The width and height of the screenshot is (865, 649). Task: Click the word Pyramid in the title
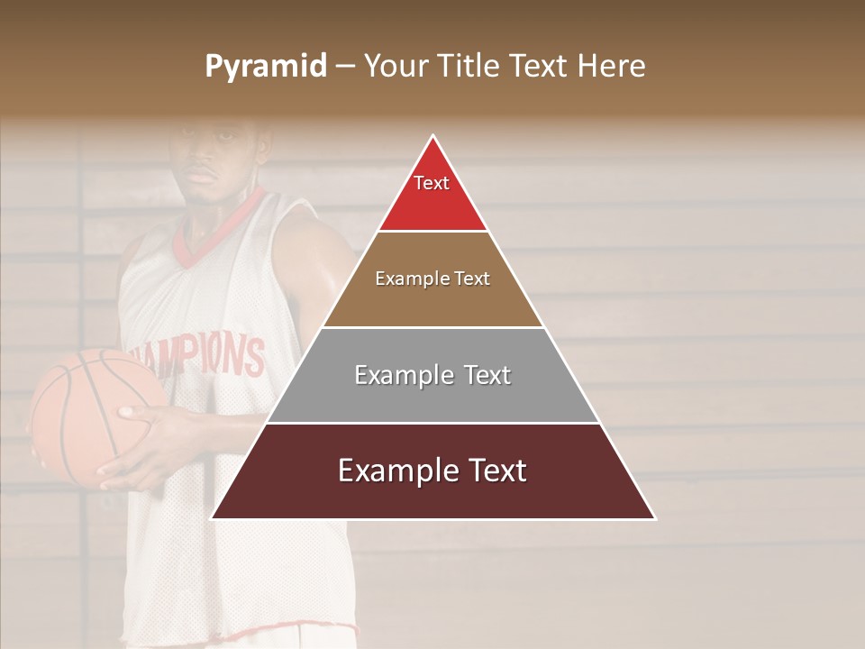tap(265, 67)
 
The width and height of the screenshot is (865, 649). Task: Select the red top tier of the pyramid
tap(432, 203)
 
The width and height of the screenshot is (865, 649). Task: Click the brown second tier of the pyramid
tap(432, 302)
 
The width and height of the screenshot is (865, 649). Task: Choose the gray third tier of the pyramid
tap(432, 397)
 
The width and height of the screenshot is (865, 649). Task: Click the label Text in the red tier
tap(432, 183)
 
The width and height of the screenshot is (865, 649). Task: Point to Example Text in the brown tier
tap(432, 279)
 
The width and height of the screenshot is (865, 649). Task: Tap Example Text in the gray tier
tap(432, 375)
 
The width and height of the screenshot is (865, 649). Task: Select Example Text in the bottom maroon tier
tap(432, 471)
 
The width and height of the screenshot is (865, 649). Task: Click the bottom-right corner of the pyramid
tap(655, 518)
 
